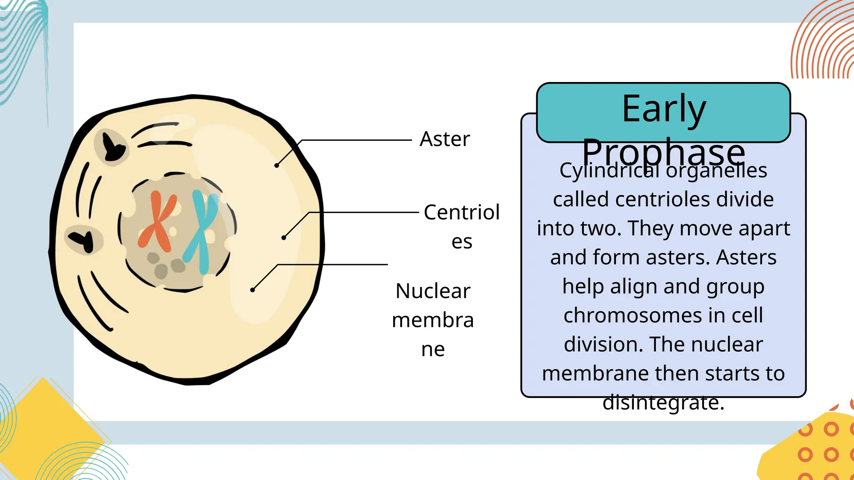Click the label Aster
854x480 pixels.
tap(445, 139)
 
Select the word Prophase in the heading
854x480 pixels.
tap(663, 152)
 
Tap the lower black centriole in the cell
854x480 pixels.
tap(83, 239)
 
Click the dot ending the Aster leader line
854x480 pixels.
tap(276, 165)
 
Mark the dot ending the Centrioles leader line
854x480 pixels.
tap(284, 237)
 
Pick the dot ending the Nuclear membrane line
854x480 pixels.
tap(252, 290)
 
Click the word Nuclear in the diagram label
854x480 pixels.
tap(433, 291)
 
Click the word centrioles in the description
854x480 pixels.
tap(663, 199)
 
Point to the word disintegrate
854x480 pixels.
tap(663, 402)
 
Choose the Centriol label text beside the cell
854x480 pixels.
tap(462, 212)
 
